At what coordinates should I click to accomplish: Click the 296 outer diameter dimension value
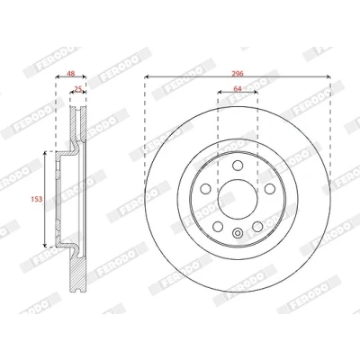pyautogui.click(x=238, y=73)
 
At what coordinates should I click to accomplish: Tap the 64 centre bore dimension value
pyautogui.click(x=238, y=88)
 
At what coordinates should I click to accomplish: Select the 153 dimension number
pyautogui.click(x=37, y=199)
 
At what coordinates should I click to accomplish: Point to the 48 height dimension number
pyautogui.click(x=71, y=73)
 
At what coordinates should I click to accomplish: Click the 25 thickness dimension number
pyautogui.click(x=78, y=89)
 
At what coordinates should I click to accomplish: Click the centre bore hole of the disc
pyautogui.click(x=238, y=199)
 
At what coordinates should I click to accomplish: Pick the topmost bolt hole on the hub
pyautogui.click(x=238, y=165)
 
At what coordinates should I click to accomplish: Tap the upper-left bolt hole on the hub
pyautogui.click(x=205, y=188)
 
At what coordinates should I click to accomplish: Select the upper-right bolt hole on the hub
pyautogui.click(x=270, y=188)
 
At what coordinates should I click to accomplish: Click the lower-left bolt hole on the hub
pyautogui.click(x=218, y=227)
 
